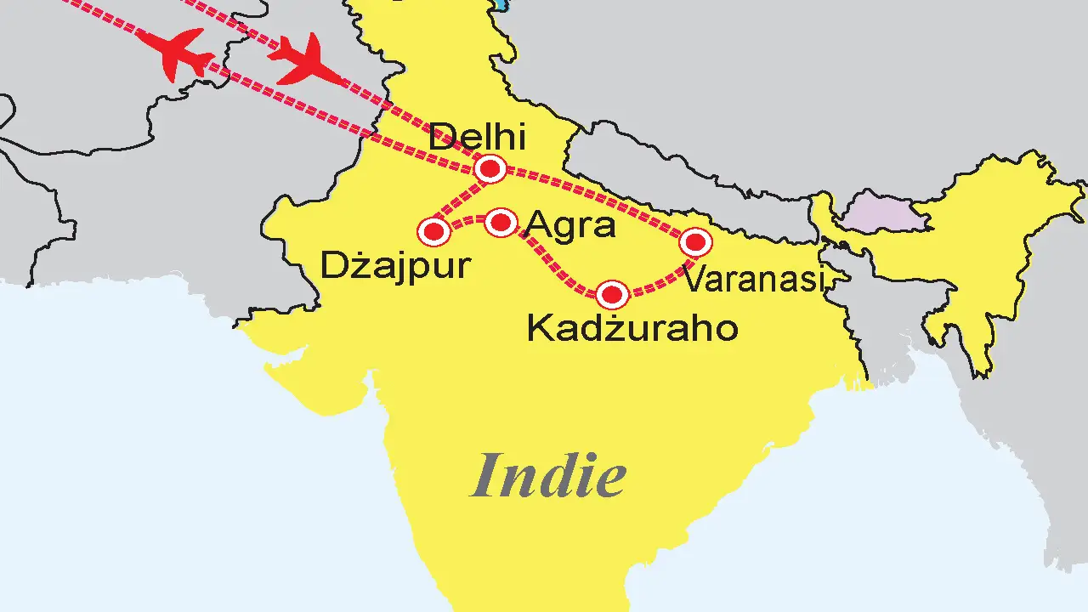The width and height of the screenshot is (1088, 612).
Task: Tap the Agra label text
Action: tap(570, 225)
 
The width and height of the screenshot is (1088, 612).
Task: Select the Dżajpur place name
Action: tap(394, 265)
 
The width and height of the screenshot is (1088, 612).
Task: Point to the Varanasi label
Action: tap(754, 279)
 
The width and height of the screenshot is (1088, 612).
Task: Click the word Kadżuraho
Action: tap(632, 328)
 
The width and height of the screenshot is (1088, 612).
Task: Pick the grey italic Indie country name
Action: tap(549, 476)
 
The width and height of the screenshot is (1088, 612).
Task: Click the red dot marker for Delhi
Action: tap(490, 169)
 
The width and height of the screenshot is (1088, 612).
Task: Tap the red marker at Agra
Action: tap(501, 223)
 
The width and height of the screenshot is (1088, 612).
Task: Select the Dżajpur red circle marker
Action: tap(433, 230)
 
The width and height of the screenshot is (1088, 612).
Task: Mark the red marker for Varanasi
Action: tap(695, 243)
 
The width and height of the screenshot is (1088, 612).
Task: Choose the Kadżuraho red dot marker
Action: tap(612, 295)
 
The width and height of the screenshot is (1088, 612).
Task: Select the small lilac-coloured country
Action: tap(884, 213)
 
